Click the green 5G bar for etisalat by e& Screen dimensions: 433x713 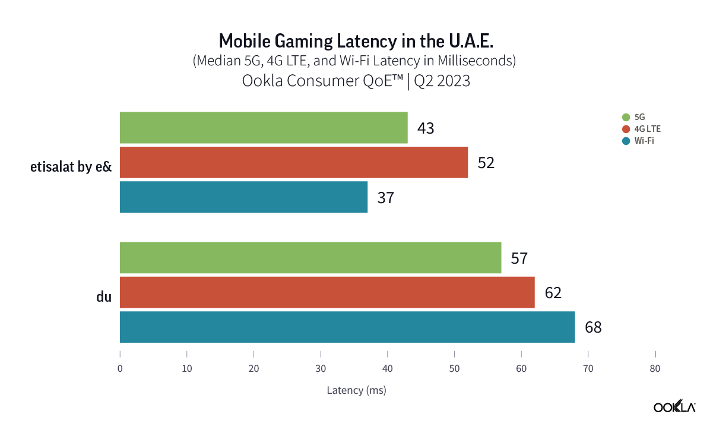pos(264,128)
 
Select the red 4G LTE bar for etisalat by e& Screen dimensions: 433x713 pos(294,162)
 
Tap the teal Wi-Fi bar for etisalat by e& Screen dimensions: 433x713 pos(243,197)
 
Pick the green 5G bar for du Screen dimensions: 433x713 pos(310,258)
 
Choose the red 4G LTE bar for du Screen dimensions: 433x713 pos(327,292)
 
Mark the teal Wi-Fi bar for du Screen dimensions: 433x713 pos(347,327)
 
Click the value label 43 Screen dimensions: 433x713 pos(426,128)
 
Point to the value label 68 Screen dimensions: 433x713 pos(592,327)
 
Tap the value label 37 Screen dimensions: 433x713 pos(385,198)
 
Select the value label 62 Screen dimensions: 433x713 pos(552,293)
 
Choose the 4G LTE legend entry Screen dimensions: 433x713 pos(642,129)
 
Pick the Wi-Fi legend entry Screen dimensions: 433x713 pos(639,141)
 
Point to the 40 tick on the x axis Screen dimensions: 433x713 pos(388,369)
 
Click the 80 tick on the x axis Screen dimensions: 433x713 pos(655,369)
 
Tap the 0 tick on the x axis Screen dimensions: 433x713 pos(120,369)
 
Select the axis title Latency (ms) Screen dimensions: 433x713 pos(356,390)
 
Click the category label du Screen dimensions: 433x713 pos(104,297)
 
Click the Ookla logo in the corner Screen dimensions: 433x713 pos(674,407)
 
